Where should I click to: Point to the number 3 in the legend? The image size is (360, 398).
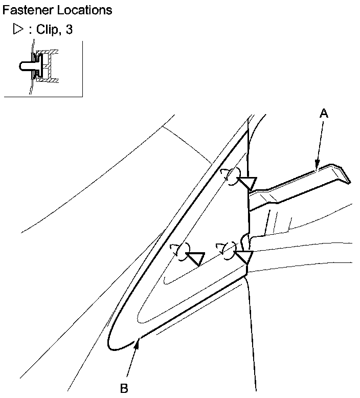(x=69, y=30)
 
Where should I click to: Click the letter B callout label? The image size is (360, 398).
(x=124, y=388)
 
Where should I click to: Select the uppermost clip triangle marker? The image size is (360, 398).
(x=249, y=183)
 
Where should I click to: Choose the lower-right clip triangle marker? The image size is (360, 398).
(x=244, y=257)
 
